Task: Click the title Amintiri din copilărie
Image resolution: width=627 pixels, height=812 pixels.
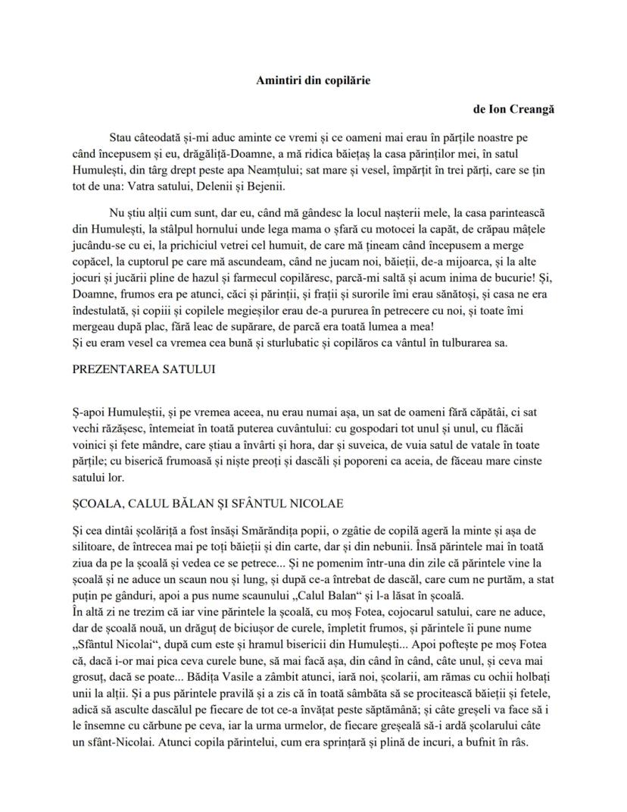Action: pyautogui.click(x=313, y=80)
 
